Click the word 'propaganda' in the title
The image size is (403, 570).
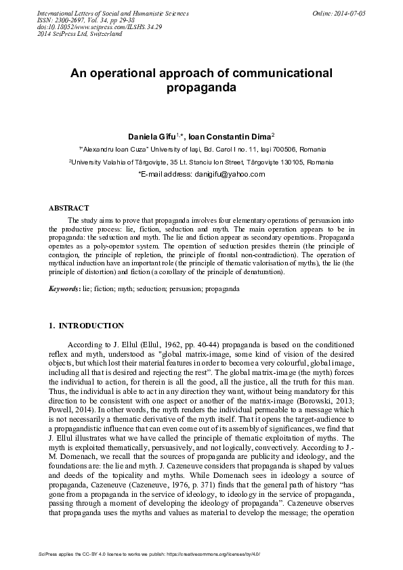[201, 88]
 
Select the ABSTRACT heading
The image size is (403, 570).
[70, 207]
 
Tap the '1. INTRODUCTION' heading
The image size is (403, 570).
[86, 326]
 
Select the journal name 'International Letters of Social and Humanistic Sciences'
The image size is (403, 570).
[103, 13]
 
